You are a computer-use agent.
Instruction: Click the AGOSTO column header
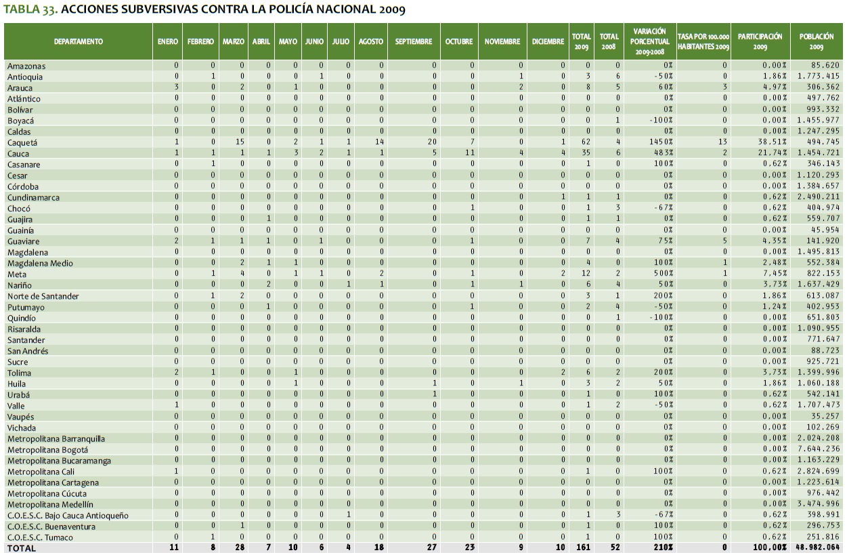[x=370, y=41]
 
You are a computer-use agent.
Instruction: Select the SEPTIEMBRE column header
[x=413, y=41]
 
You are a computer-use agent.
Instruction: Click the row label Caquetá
[x=22, y=143]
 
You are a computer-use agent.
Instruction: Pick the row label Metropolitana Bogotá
[x=48, y=449]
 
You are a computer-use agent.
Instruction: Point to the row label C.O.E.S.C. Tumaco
[x=40, y=537]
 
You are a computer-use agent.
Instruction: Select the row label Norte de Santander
[x=43, y=296]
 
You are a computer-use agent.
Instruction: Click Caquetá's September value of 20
[x=433, y=143]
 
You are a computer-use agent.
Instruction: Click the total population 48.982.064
[x=816, y=548]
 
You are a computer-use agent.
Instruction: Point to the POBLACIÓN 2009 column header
[x=816, y=41]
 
